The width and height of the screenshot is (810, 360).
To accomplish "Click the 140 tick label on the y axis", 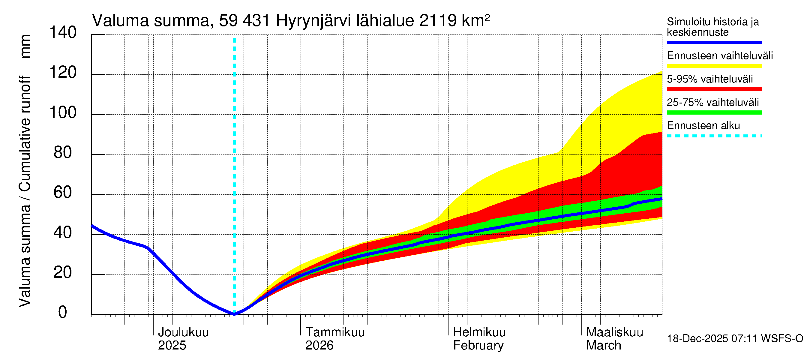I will [x=63, y=32].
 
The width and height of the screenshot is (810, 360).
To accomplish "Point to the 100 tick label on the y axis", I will [x=63, y=112].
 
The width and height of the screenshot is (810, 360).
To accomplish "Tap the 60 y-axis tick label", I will [x=63, y=192].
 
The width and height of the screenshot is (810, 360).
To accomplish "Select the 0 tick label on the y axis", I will [x=63, y=312].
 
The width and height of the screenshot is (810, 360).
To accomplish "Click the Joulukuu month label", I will [x=183, y=332].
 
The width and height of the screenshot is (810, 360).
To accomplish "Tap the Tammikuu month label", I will [x=335, y=332].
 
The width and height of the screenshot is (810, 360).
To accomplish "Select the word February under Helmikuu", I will [x=478, y=346].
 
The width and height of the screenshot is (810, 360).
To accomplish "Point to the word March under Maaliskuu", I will [x=604, y=346].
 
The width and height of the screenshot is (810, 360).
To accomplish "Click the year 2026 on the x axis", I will [x=319, y=346].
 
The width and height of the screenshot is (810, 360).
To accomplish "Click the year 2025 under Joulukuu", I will [x=172, y=346].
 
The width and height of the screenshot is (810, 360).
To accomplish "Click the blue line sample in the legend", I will [x=714, y=42].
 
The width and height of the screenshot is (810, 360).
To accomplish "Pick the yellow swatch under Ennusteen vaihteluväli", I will [x=714, y=66].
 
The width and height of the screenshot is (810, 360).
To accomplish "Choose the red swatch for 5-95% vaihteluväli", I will [x=714, y=89].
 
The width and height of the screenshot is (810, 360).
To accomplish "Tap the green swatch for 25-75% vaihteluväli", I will [x=714, y=112].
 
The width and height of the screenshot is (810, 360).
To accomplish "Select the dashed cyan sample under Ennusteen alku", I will [x=714, y=136].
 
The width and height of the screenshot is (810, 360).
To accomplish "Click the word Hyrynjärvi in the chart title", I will [x=313, y=21].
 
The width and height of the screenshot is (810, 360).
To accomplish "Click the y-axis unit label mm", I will [x=25, y=46].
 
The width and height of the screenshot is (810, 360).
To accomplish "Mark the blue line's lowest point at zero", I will [x=234, y=314].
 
